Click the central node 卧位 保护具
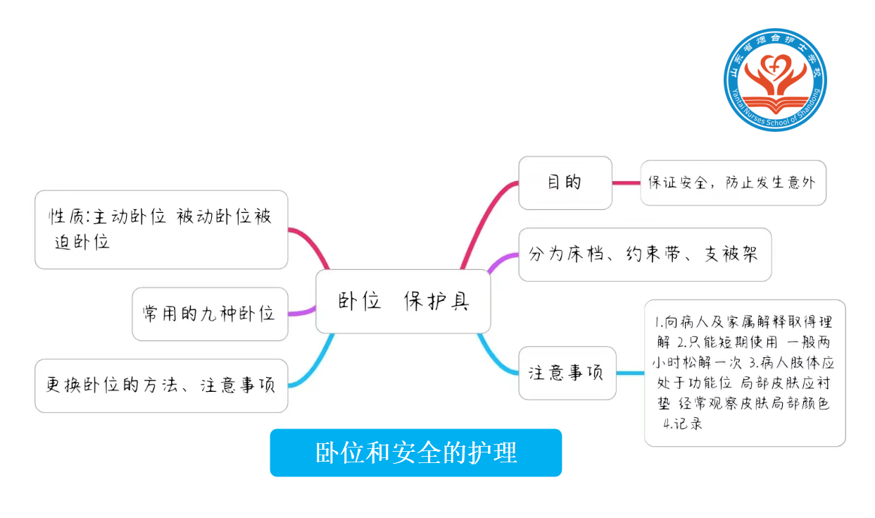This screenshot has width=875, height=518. pyautogui.click(x=403, y=301)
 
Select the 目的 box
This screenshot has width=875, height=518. pyautogui.click(x=565, y=183)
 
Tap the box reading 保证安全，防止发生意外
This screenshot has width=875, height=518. pyautogui.click(x=732, y=183)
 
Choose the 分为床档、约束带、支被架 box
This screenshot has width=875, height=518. pyautogui.click(x=644, y=254)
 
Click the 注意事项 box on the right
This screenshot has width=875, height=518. pyautogui.click(x=567, y=373)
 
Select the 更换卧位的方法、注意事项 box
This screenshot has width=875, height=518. pyautogui.click(x=161, y=386)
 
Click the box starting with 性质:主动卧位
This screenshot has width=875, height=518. pyautogui.click(x=161, y=229)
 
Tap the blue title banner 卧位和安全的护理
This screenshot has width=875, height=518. pyautogui.click(x=415, y=452)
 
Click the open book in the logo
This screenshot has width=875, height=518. pyautogui.click(x=775, y=106)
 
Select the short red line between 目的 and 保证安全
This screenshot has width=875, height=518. pyautogui.click(x=626, y=183)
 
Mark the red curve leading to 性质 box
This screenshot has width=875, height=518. pyautogui.click(x=310, y=243)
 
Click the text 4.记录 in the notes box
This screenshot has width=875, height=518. pyautogui.click(x=682, y=424)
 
